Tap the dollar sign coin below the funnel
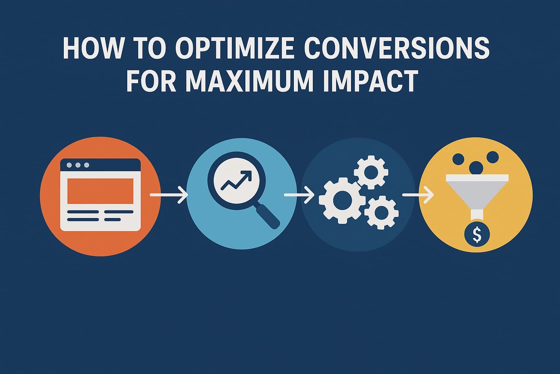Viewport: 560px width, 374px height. pos(476,235)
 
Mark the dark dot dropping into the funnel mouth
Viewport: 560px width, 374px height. pos(476,168)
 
